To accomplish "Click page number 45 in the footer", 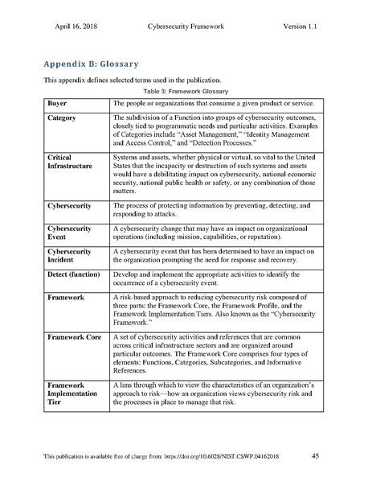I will pyautogui.click(x=315, y=457).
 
